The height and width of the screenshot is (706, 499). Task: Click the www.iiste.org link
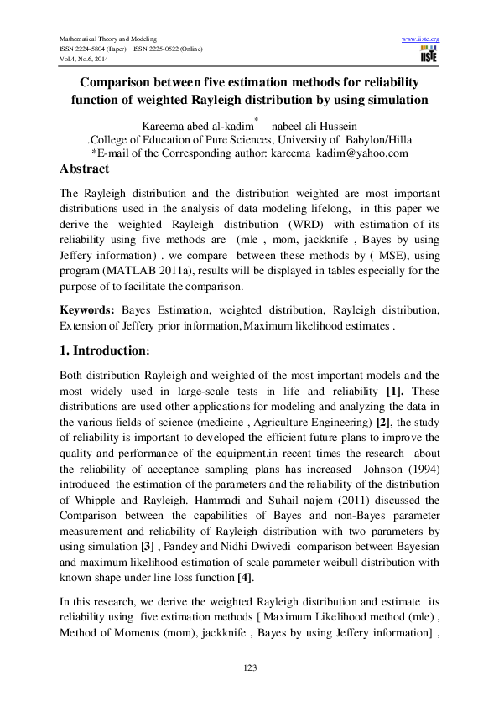421,39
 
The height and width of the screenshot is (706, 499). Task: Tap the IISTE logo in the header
429,55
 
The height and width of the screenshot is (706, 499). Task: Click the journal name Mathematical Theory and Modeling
108,39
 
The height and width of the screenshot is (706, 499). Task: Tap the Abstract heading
84,169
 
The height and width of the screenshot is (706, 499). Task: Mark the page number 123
249,667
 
